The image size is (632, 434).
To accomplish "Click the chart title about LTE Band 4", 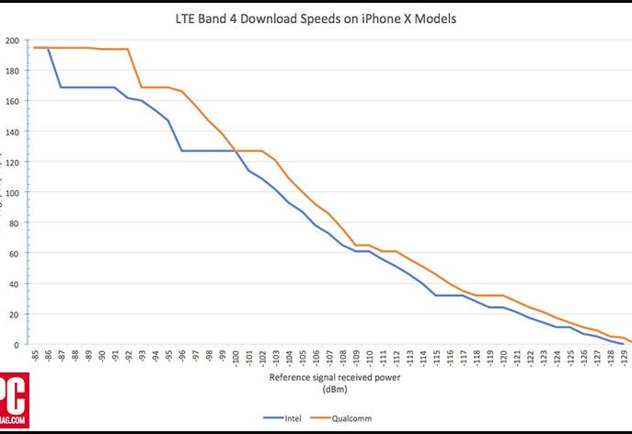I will [x=316, y=17].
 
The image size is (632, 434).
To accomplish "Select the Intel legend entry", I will [x=287, y=417].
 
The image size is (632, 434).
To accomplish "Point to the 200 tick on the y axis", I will [x=11, y=40].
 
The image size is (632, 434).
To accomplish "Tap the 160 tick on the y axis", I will [x=11, y=101].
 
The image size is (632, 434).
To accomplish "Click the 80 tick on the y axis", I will [x=13, y=223].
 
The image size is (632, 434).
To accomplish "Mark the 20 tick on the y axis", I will [x=13, y=314].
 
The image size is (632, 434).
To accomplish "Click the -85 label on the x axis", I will [x=35, y=356].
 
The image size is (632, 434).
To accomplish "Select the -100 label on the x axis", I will [x=236, y=358].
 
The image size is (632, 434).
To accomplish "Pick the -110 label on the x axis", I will [x=369, y=358].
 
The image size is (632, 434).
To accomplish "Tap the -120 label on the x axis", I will [x=502, y=358].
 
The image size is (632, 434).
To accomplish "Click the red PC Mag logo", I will [x=14, y=401].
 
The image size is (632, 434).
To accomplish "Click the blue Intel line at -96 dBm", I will [x=182, y=150].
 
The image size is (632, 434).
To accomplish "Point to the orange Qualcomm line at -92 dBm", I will [x=129, y=50].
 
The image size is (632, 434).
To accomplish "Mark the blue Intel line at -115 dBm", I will [x=436, y=295].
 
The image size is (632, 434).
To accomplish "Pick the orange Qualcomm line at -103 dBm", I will [x=275, y=160].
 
